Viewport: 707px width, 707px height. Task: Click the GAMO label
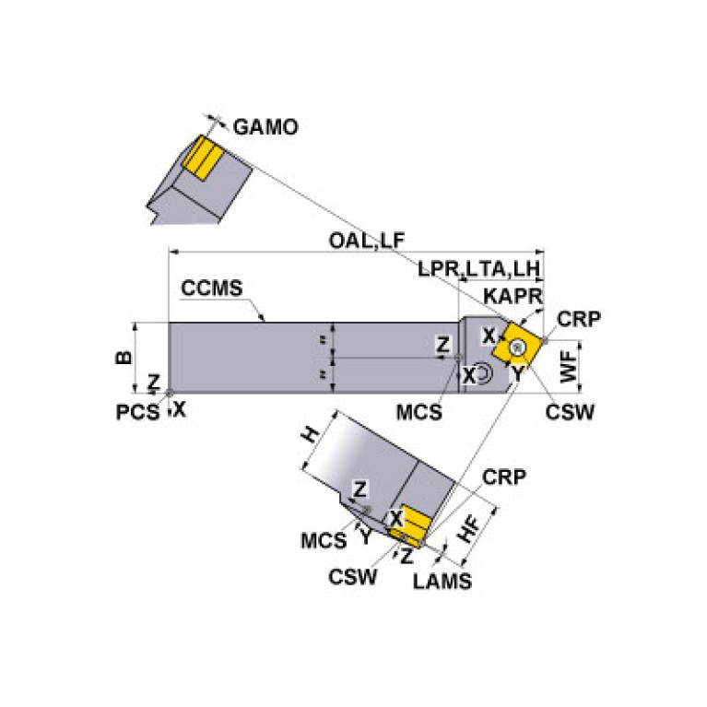[265, 127]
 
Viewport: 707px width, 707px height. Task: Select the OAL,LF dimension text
[366, 240]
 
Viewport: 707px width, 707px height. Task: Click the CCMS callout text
[212, 289]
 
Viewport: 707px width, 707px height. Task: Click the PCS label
[135, 411]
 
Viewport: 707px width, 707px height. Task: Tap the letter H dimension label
[311, 437]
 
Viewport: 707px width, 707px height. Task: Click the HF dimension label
[469, 528]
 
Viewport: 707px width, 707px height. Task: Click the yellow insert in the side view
[512, 348]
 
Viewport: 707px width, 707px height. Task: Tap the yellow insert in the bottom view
[410, 526]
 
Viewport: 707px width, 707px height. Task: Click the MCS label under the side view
[419, 411]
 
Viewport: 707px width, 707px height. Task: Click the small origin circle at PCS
[170, 394]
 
